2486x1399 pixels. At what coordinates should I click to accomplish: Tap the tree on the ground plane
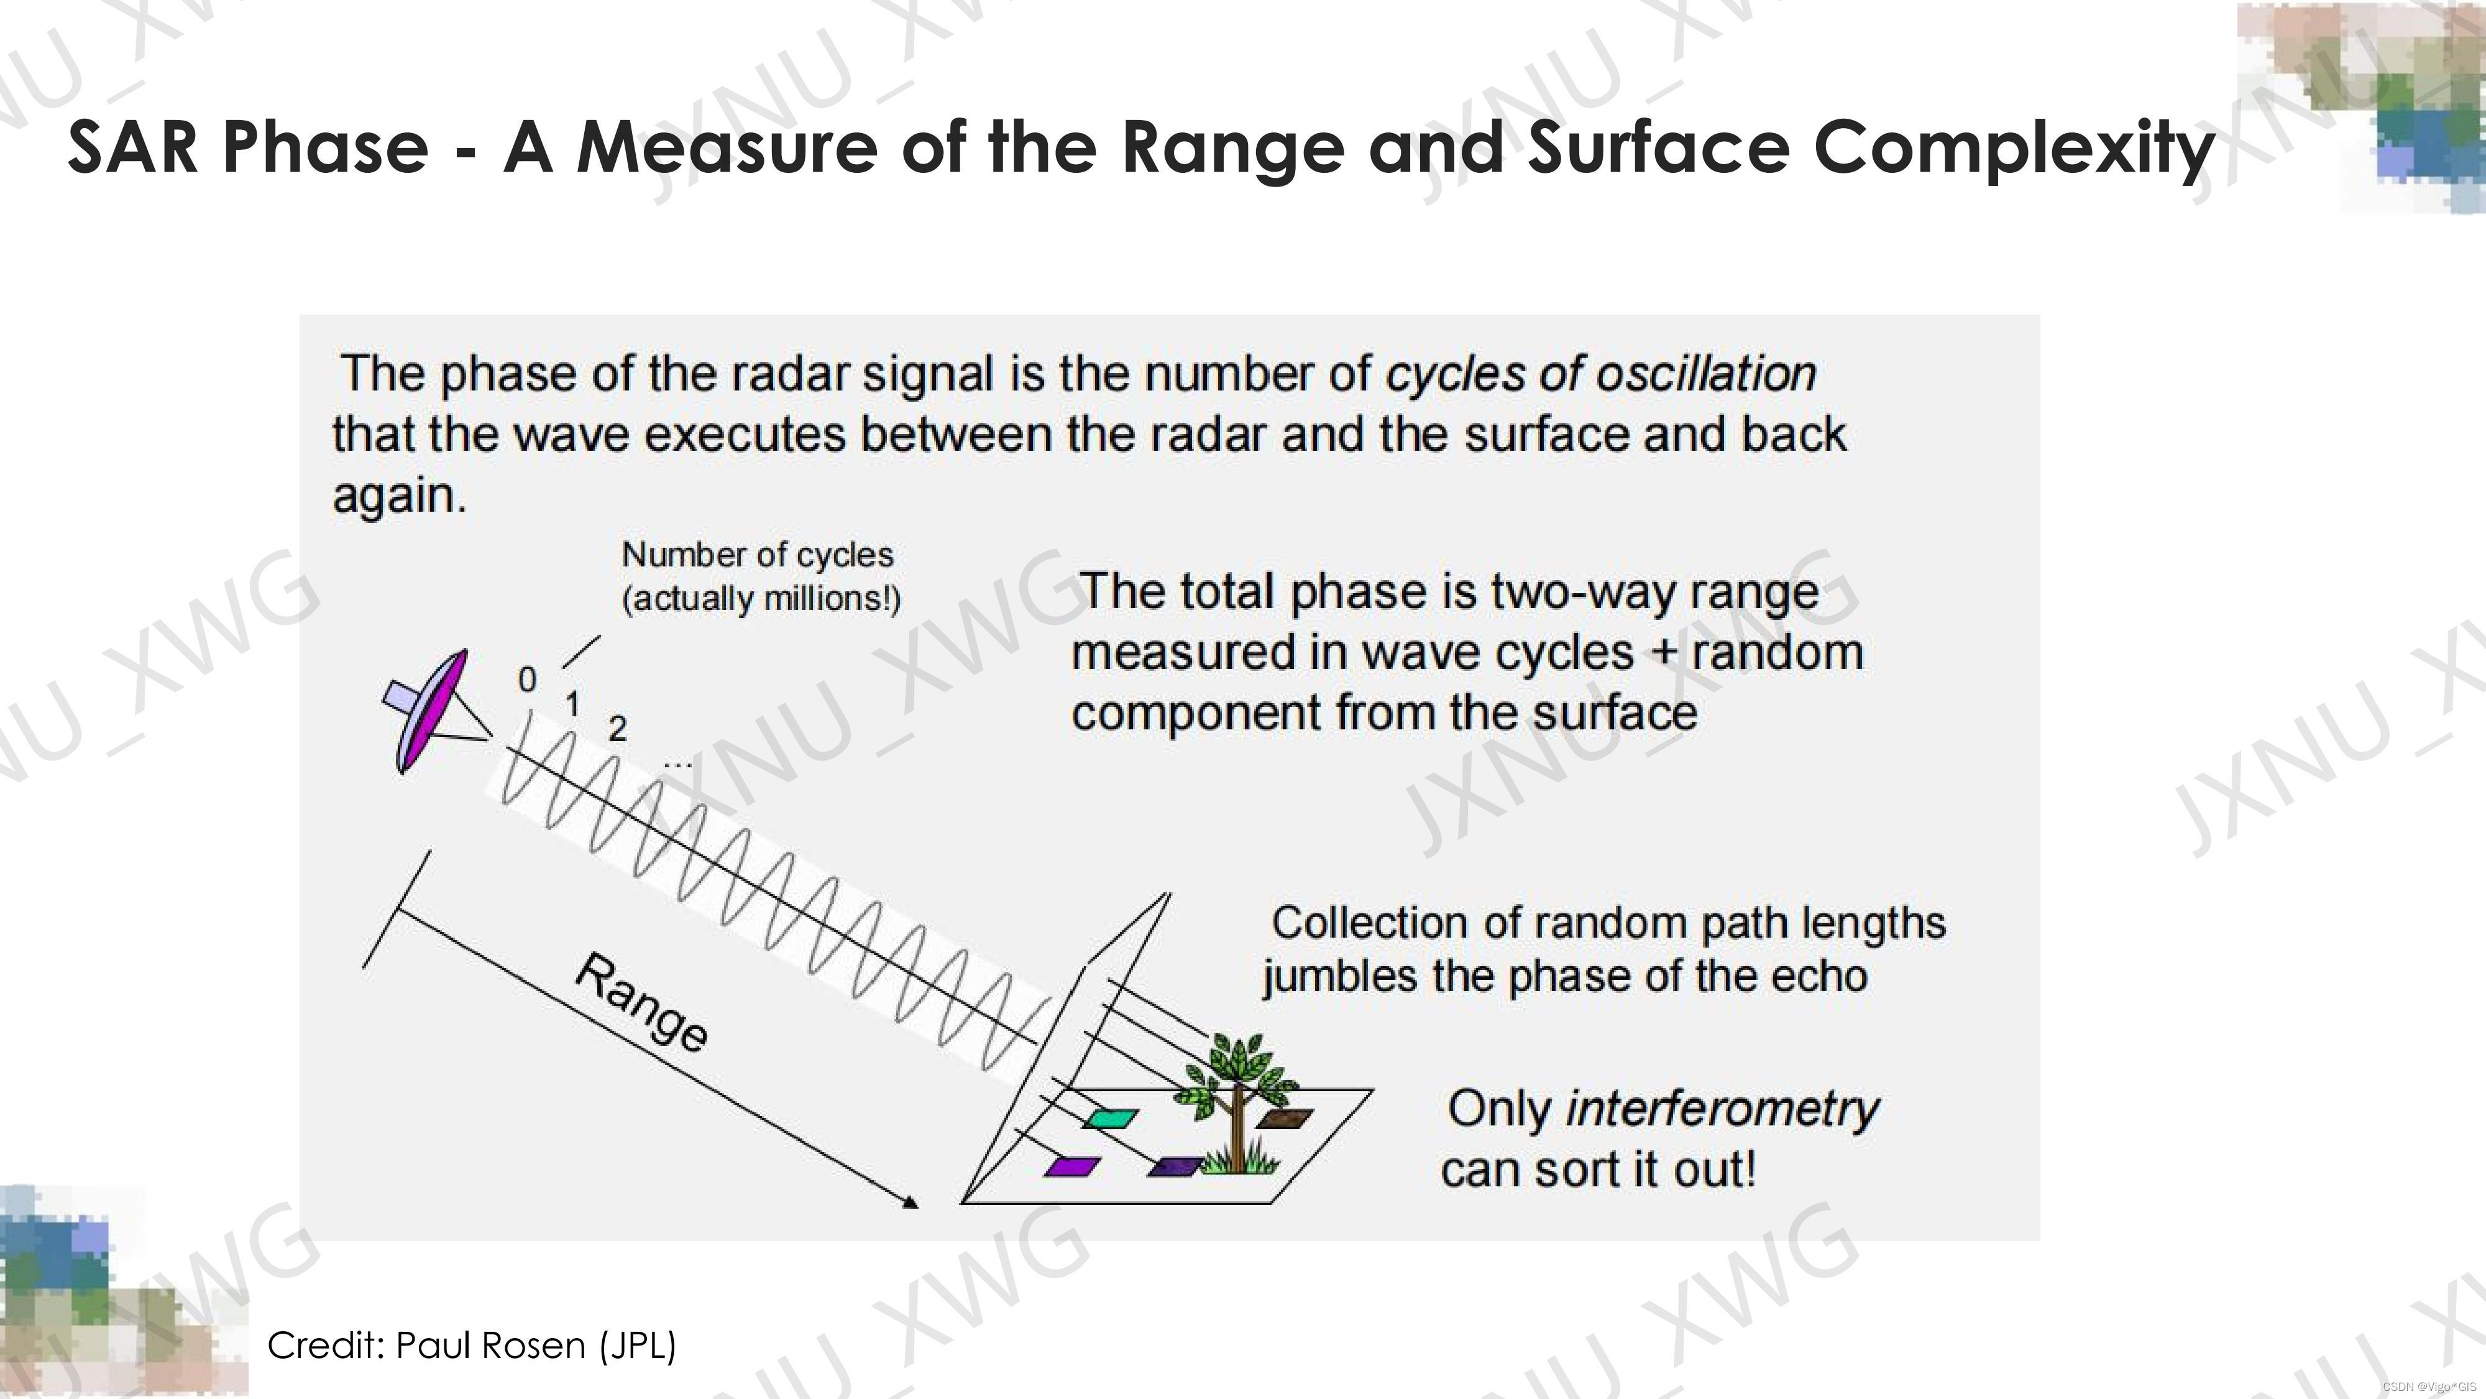pyautogui.click(x=1238, y=1101)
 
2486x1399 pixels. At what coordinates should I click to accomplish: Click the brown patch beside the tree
pyautogui.click(x=1285, y=1118)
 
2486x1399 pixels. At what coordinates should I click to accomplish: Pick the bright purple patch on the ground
pyautogui.click(x=1072, y=1166)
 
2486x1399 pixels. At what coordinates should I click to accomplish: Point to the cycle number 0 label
pyautogui.click(x=527, y=680)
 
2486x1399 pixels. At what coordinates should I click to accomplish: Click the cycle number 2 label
pyautogui.click(x=618, y=729)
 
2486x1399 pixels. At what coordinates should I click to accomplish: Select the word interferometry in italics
pyautogui.click(x=1722, y=1109)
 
